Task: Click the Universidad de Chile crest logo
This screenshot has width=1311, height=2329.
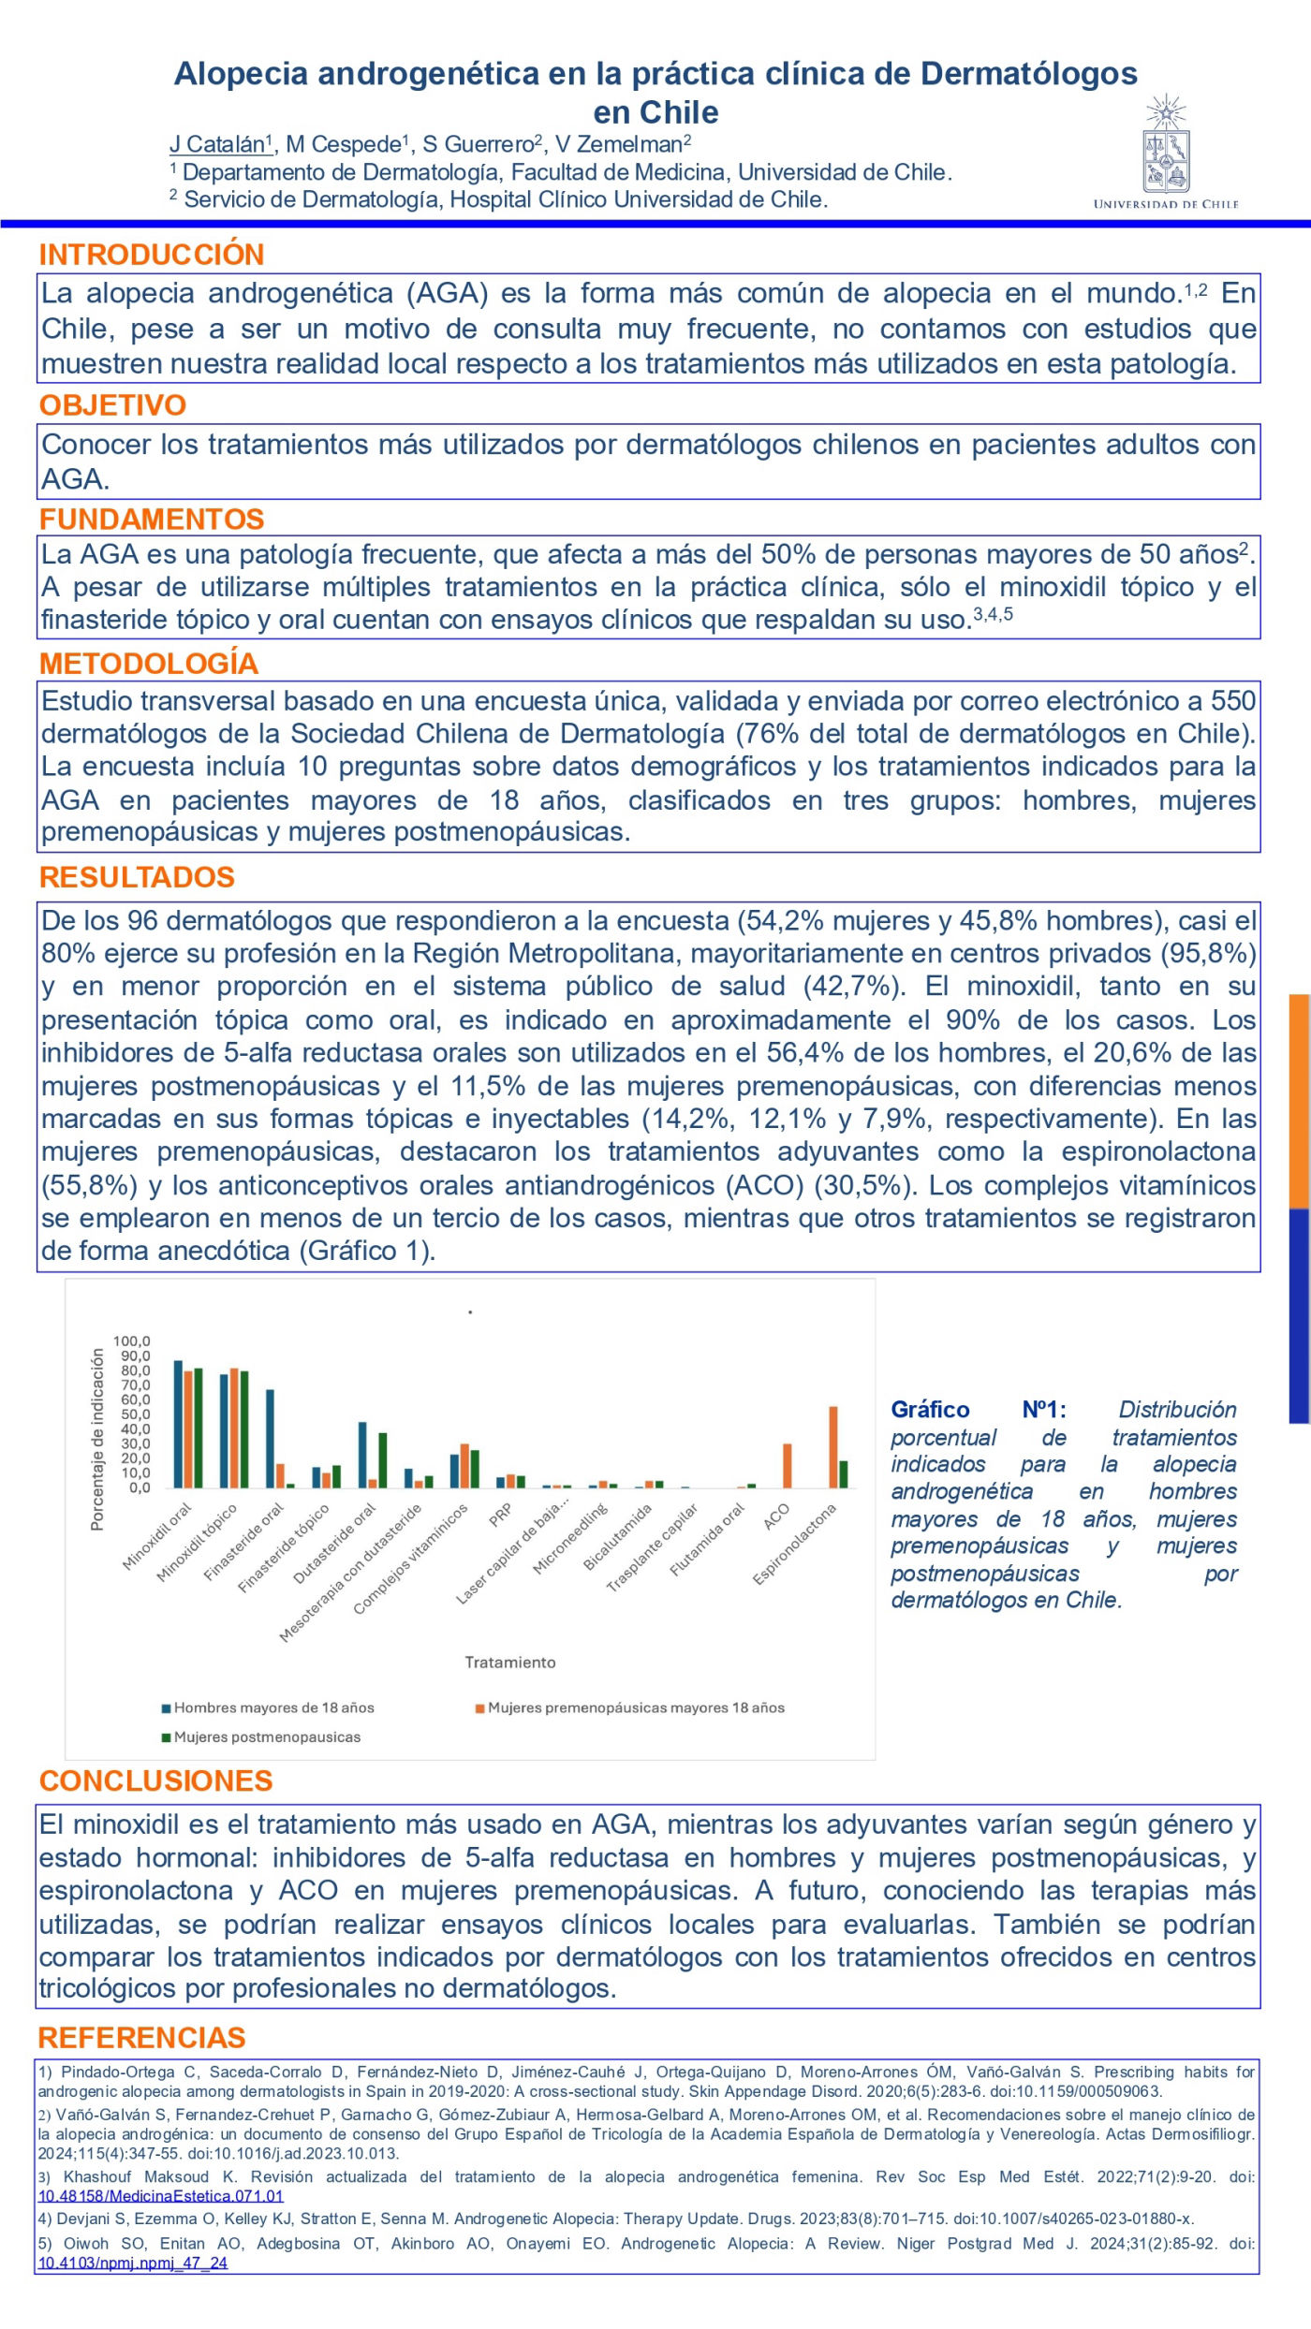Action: coord(1165,149)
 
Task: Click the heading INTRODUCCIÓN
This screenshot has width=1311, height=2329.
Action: coord(152,255)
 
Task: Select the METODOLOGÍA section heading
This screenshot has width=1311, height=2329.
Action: coord(149,664)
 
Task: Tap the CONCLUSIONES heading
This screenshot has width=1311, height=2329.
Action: coord(155,1780)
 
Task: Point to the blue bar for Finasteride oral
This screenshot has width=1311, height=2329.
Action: coord(270,1439)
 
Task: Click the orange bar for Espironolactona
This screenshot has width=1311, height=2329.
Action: coord(833,1447)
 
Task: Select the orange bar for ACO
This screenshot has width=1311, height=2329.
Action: coord(788,1466)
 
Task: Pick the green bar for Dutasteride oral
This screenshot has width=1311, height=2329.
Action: coord(382,1460)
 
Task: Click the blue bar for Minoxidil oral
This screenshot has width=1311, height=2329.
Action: coord(178,1424)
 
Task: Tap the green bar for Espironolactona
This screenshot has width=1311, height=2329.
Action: coord(844,1474)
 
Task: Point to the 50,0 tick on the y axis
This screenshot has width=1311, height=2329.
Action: coord(132,1414)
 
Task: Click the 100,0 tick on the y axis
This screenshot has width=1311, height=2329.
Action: coord(132,1341)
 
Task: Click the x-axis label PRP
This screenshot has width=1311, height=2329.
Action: coord(502,1515)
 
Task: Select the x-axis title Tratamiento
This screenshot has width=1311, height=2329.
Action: coord(510,1663)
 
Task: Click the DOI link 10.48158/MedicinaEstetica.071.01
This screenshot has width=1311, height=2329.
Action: coord(160,2196)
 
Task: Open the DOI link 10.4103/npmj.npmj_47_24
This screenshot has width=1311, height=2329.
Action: coord(132,2263)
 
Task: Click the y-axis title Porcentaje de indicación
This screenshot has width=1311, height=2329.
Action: coord(97,1440)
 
